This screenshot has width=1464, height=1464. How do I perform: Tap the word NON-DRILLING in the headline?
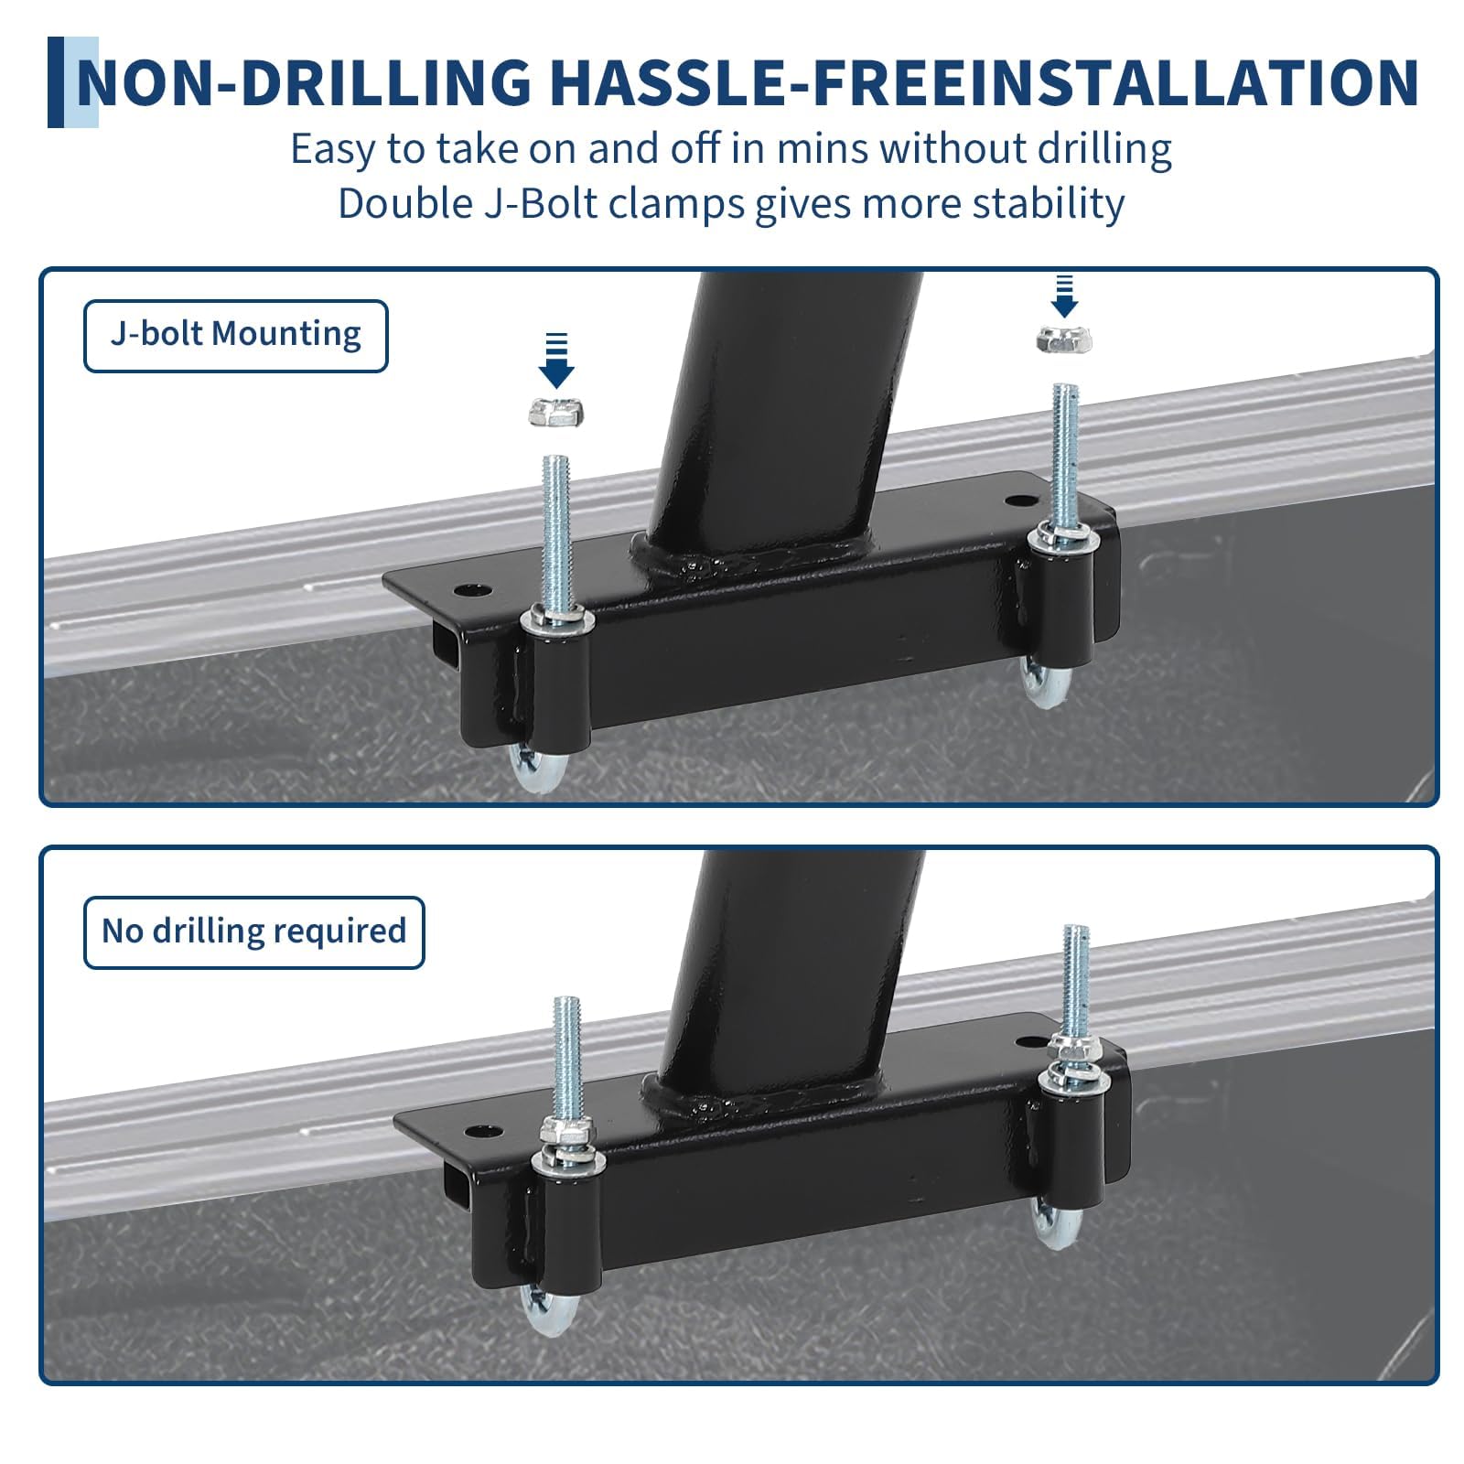304,82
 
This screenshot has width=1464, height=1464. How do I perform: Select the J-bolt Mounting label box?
235,336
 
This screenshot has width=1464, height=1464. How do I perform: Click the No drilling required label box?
253,932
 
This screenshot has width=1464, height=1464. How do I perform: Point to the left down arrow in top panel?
555,361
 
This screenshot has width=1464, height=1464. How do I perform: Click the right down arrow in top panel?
1063,296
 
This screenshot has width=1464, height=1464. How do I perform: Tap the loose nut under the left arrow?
556,412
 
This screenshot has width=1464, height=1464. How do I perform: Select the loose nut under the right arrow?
1063,340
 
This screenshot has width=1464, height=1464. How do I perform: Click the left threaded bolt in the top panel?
555,535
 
